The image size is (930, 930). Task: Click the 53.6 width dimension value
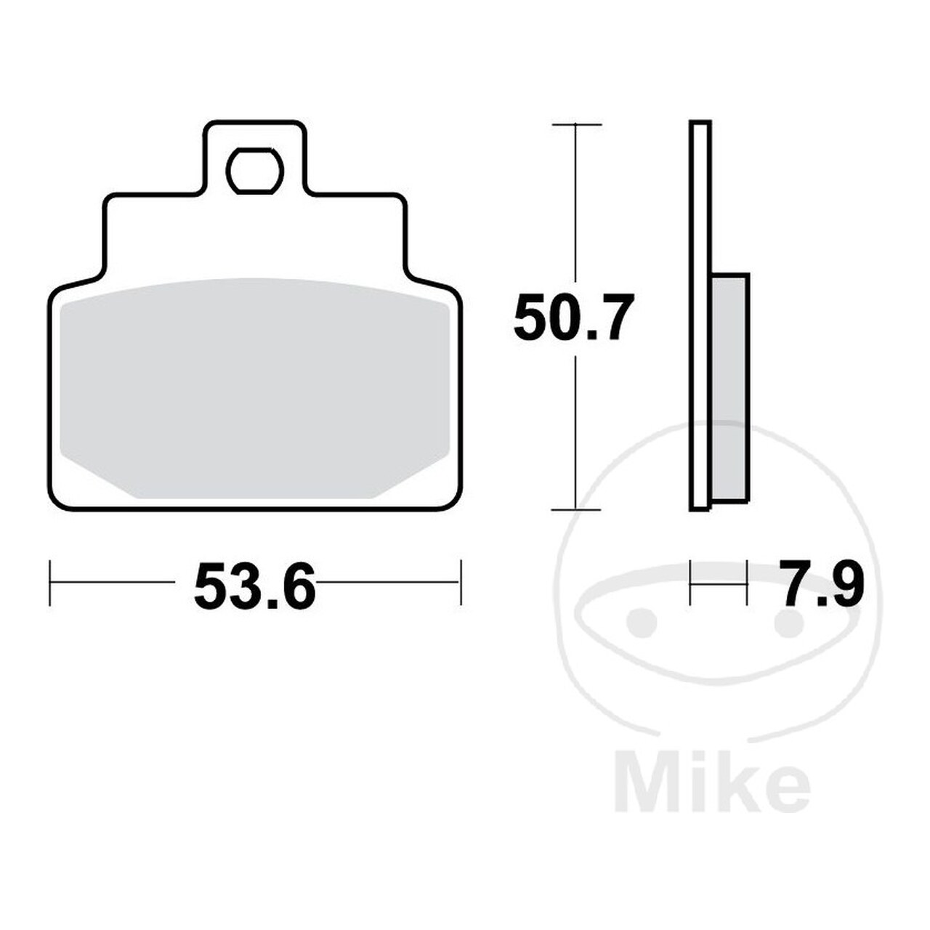(x=254, y=586)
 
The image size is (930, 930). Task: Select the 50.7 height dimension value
(x=572, y=318)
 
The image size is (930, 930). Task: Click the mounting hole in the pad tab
(x=255, y=171)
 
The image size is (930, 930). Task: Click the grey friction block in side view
(x=729, y=389)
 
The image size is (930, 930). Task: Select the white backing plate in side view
(x=700, y=315)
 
